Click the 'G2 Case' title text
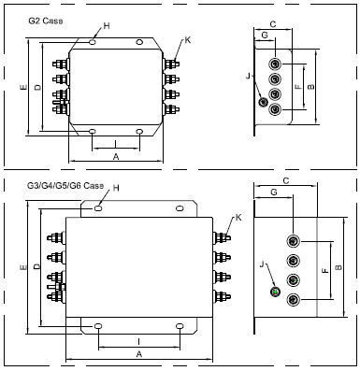tap(46, 21)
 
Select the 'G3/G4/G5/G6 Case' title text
tap(65, 185)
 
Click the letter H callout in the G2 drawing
tap(107, 26)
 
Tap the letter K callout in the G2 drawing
tap(187, 40)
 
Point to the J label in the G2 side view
tap(248, 76)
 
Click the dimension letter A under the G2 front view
tap(116, 157)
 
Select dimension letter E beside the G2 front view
tap(23, 88)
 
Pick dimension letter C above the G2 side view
tap(273, 24)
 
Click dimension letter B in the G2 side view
tap(311, 87)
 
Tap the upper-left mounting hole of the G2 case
tap(93, 41)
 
